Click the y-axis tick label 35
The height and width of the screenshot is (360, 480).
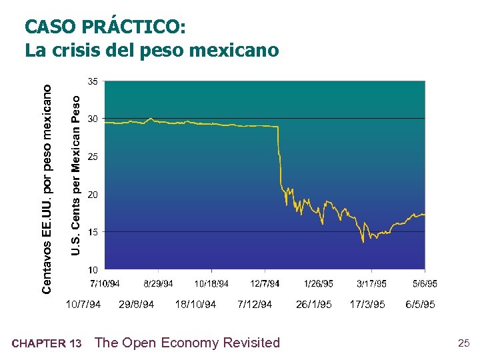[93, 81]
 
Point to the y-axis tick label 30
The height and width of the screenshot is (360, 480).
[93, 119]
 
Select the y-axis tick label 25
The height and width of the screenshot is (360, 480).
[93, 157]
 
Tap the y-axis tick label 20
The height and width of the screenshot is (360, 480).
[93, 194]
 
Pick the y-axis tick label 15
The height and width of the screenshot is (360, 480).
[93, 232]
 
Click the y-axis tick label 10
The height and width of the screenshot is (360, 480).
[93, 269]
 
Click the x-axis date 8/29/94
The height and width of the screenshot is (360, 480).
[158, 284]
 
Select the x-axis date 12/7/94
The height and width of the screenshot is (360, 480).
[265, 284]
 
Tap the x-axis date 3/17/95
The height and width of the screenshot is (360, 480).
[371, 284]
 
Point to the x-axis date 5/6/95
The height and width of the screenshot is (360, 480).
[425, 284]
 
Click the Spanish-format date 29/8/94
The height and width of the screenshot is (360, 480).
[136, 304]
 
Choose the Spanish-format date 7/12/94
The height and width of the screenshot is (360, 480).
[255, 304]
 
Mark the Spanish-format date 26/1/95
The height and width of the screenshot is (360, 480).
[313, 304]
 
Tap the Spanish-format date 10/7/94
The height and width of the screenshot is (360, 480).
[83, 304]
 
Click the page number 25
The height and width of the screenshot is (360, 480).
[464, 343]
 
